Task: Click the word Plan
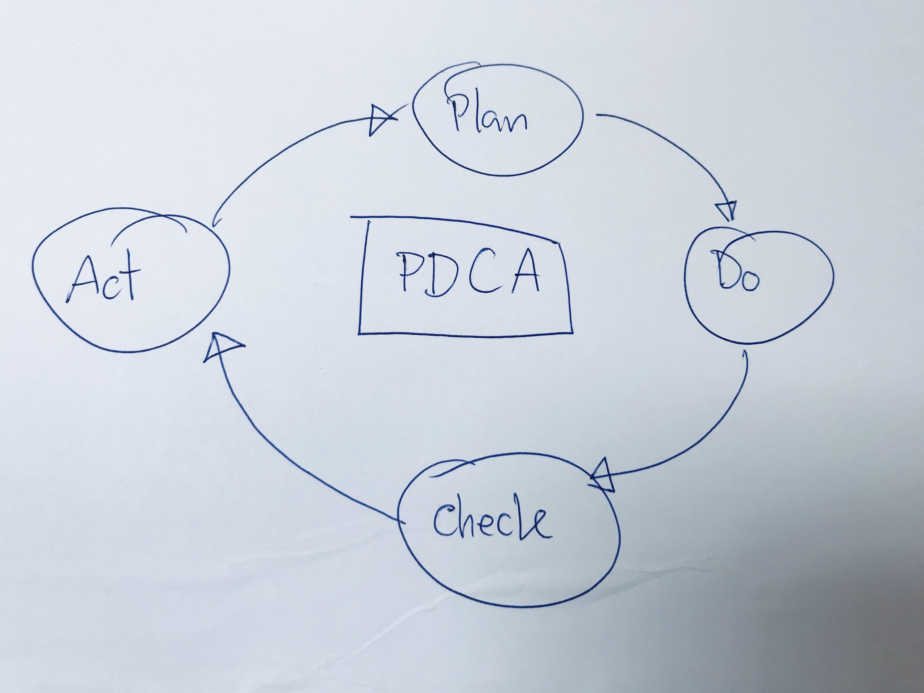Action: click(489, 114)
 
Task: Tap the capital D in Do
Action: click(725, 269)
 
